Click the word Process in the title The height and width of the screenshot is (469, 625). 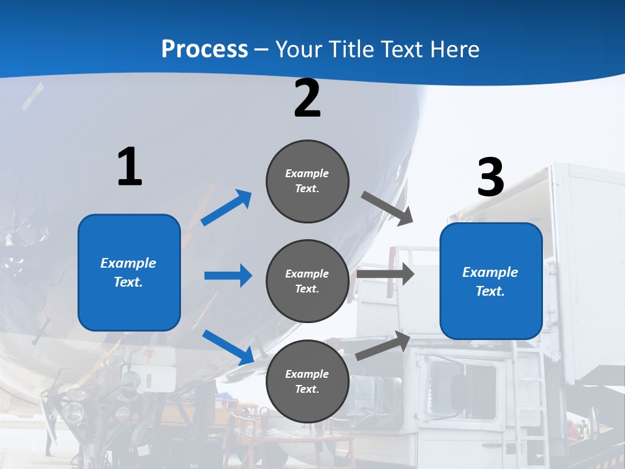(x=204, y=50)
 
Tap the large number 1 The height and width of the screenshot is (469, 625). (x=130, y=167)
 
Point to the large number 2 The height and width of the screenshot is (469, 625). (x=307, y=98)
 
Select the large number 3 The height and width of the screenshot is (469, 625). (x=490, y=177)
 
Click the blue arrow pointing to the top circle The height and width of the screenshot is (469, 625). (x=227, y=208)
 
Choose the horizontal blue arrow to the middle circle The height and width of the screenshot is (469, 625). (x=228, y=276)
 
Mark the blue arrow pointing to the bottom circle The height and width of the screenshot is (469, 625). (x=229, y=347)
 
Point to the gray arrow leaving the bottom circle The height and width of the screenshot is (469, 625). (x=383, y=346)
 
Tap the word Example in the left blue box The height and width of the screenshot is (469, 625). (x=128, y=263)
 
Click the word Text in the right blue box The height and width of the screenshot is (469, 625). (x=489, y=291)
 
